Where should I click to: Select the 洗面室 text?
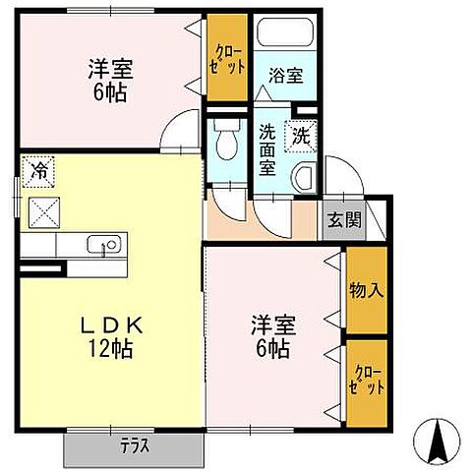(268, 148)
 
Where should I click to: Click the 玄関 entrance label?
(344, 219)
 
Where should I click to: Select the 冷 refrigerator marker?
(39, 170)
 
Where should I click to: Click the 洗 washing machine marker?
(302, 137)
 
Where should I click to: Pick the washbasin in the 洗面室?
(305, 178)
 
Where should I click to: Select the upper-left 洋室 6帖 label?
(109, 82)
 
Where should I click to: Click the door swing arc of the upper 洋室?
(181, 130)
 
